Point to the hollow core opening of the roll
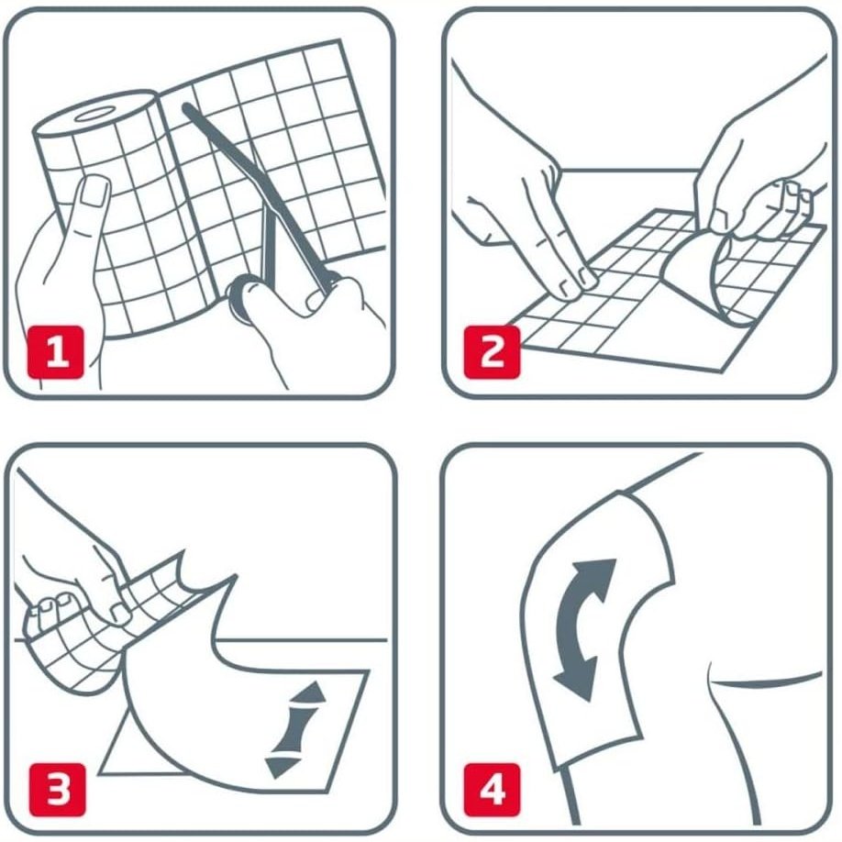[93, 116]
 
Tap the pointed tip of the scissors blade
[187, 109]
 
